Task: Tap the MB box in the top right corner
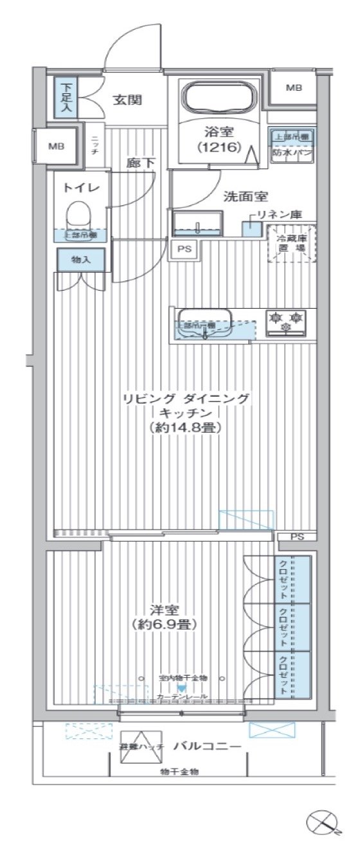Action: click(292, 87)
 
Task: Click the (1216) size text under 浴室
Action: click(219, 147)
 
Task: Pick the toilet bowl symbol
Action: click(81, 214)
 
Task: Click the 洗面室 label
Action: click(246, 196)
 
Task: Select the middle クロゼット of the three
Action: click(283, 626)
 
